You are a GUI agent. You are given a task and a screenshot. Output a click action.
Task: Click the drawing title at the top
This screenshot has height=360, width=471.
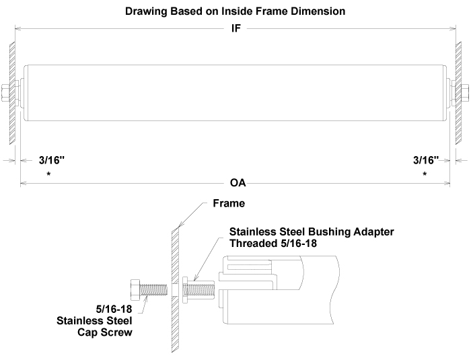click(x=235, y=11)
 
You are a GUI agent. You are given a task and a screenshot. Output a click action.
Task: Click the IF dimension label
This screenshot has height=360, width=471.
click(x=235, y=29)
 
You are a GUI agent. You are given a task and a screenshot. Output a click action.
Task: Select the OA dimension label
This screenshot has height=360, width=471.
click(x=238, y=183)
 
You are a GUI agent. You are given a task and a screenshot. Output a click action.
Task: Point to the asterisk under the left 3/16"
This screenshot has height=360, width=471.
click(x=48, y=174)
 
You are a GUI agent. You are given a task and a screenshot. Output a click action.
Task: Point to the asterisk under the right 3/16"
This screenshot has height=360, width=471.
click(x=425, y=174)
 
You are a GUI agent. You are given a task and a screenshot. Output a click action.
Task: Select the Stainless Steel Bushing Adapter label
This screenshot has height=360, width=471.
click(x=312, y=231)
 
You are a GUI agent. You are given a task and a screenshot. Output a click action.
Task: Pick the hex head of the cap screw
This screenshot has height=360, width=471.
click(x=133, y=289)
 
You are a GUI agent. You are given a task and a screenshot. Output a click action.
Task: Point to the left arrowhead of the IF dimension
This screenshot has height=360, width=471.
click(x=17, y=29)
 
